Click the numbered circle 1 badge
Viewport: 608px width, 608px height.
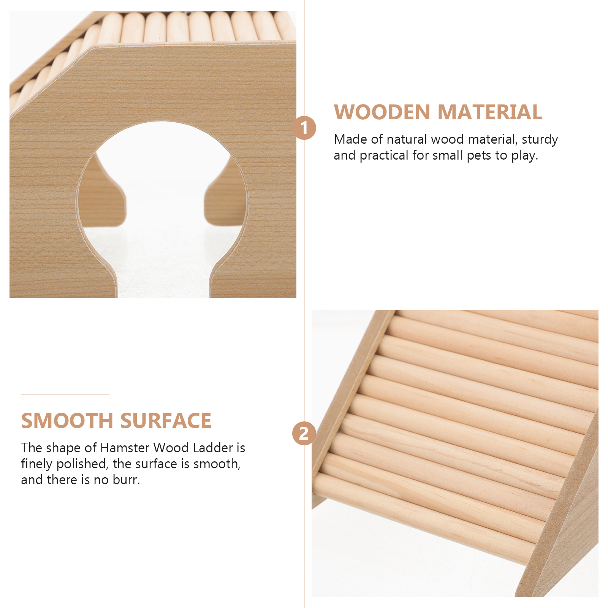click(x=304, y=128)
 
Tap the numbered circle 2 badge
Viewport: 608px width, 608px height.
click(x=304, y=434)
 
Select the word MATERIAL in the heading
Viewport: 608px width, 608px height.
click(x=490, y=112)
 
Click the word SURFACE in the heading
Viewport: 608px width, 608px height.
click(x=166, y=421)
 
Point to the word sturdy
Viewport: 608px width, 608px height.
click(x=540, y=140)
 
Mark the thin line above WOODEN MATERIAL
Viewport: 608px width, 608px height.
click(x=377, y=88)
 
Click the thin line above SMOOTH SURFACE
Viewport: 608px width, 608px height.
click(x=65, y=394)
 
